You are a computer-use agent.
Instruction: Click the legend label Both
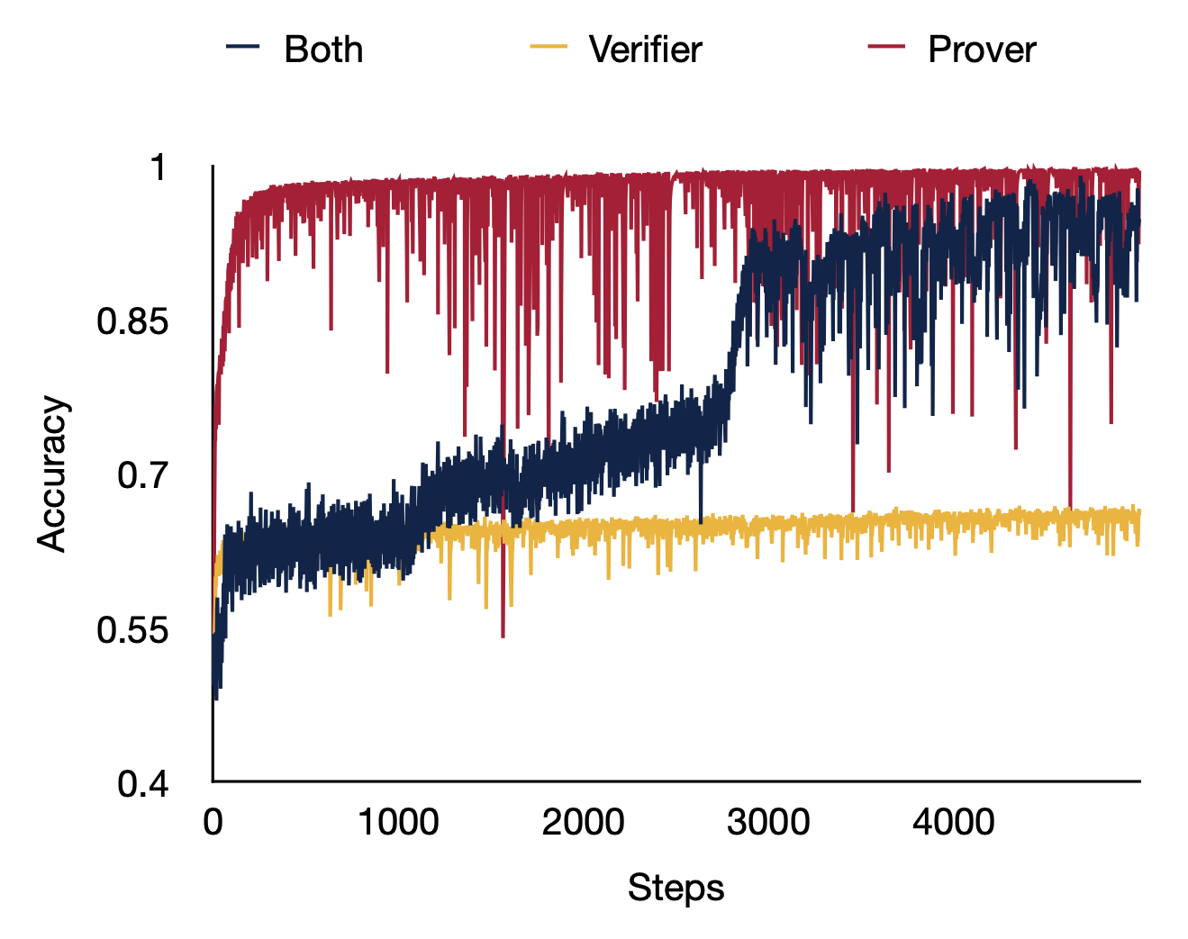(x=323, y=50)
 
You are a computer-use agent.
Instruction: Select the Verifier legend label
(x=645, y=50)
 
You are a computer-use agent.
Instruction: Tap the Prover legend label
(x=982, y=50)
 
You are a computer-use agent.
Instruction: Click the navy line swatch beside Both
(x=243, y=47)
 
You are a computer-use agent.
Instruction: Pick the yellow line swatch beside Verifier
(x=549, y=47)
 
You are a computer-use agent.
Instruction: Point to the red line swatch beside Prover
(x=886, y=47)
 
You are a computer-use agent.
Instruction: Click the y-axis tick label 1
(x=159, y=167)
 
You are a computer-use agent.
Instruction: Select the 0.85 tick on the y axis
(x=132, y=321)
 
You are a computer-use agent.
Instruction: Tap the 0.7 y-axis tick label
(x=142, y=475)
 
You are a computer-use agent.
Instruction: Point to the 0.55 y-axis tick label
(x=132, y=630)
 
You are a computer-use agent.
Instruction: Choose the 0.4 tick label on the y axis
(x=142, y=784)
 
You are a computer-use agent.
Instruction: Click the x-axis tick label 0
(x=213, y=822)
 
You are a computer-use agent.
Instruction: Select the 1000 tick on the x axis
(x=398, y=822)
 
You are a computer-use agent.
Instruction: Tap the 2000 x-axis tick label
(x=584, y=822)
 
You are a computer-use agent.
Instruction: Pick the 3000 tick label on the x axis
(x=768, y=822)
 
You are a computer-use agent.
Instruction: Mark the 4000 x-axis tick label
(x=954, y=822)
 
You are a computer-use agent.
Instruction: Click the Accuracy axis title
(x=52, y=474)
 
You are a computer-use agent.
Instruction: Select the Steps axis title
(x=676, y=888)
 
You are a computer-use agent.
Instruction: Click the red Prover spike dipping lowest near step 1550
(x=503, y=636)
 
